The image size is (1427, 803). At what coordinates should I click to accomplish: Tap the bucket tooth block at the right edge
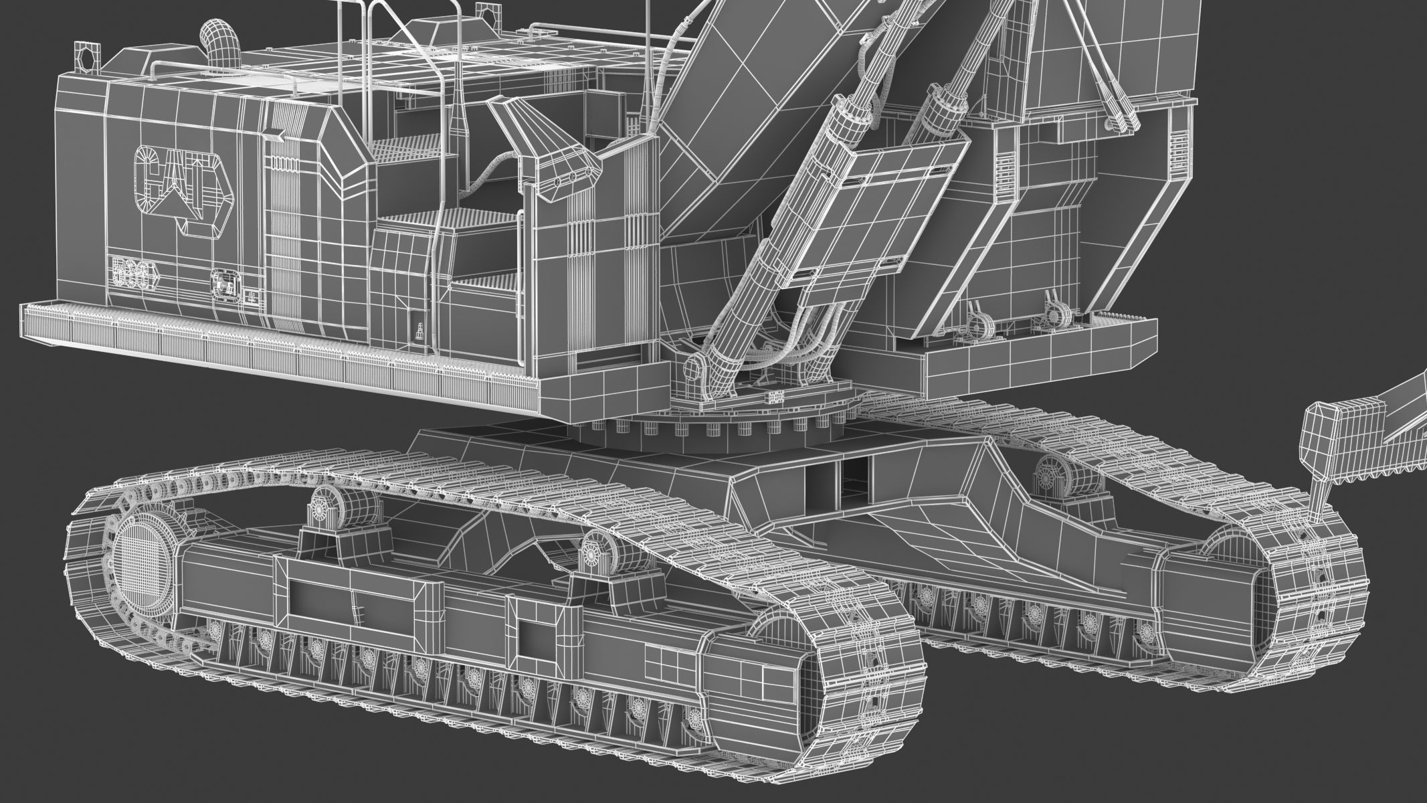tap(1322, 441)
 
